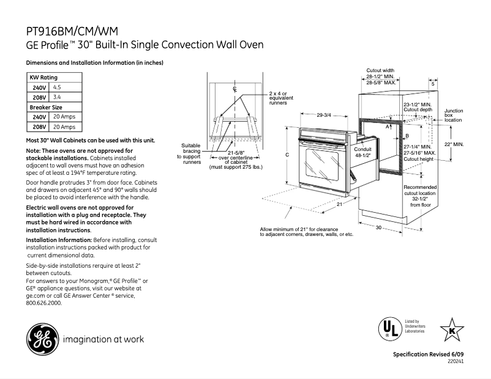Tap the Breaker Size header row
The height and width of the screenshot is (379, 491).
pos(46,107)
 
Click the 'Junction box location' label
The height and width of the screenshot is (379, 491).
pos(454,116)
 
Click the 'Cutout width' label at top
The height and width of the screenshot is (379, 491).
pos(380,70)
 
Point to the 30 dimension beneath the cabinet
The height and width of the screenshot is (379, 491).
pos(378,227)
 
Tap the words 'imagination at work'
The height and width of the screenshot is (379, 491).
pos(103,339)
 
